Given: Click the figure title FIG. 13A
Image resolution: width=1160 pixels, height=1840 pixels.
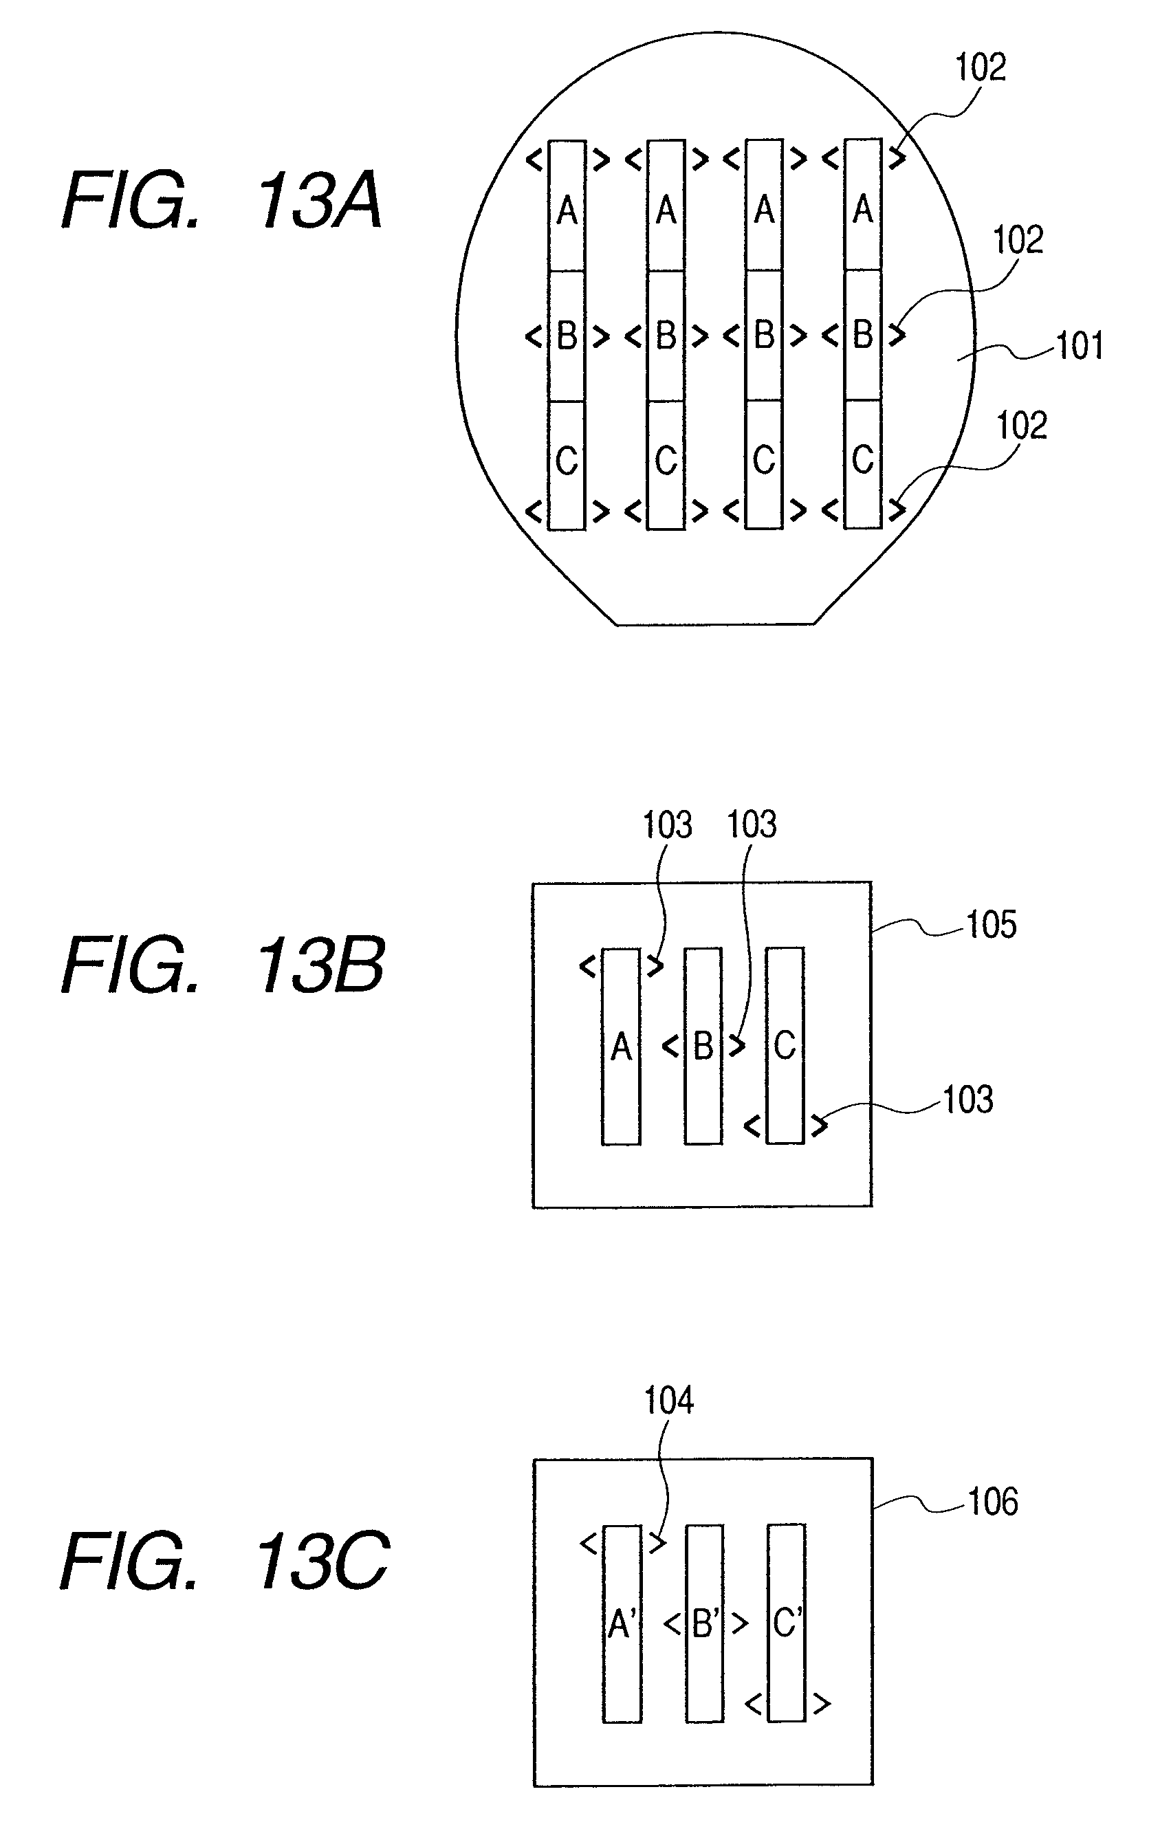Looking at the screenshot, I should [221, 200].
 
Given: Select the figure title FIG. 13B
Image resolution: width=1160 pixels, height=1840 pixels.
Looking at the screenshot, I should [223, 965].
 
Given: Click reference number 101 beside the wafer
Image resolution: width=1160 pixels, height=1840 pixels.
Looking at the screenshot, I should [1079, 346].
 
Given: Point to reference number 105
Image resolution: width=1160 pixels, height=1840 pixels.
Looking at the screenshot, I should [991, 925].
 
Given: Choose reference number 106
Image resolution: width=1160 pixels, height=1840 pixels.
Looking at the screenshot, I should [993, 1502].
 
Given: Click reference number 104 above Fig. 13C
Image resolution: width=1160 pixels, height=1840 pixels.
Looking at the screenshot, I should [668, 1401].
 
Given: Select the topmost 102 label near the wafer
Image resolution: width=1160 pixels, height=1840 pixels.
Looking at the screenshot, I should [981, 67].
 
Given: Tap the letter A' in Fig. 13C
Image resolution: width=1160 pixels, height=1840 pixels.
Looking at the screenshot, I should [622, 1624].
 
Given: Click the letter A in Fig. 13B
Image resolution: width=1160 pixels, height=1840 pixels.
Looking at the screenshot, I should [622, 1047].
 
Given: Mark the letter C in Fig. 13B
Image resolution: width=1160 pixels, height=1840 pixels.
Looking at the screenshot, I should [785, 1045].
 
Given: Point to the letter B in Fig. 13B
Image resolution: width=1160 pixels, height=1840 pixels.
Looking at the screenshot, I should [703, 1046].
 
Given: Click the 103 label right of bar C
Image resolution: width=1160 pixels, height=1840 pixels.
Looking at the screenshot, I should [967, 1100].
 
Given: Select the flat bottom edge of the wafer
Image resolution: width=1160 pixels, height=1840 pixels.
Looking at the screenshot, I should [715, 625].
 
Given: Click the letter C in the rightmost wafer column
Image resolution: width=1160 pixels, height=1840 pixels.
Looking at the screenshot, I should [863, 460].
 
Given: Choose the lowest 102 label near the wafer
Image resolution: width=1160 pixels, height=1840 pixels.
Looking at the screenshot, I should [1021, 426].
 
